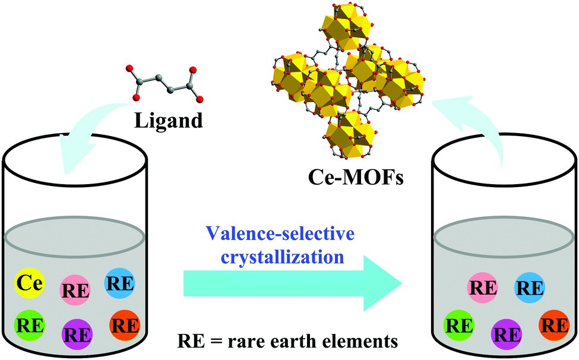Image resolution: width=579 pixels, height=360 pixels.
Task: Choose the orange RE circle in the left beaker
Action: [125, 325]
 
